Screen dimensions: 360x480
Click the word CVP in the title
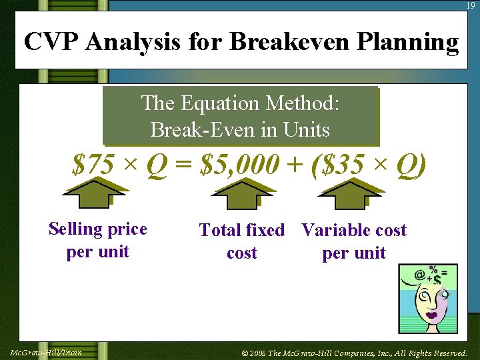[x=52, y=42]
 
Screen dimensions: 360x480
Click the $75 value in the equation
[x=93, y=164]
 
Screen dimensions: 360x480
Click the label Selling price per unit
[x=97, y=240]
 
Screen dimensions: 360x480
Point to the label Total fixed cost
[x=241, y=241]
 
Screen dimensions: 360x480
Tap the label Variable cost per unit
[x=353, y=241]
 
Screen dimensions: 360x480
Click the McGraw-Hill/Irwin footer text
[x=46, y=352]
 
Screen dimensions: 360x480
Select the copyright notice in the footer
[x=354, y=353]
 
